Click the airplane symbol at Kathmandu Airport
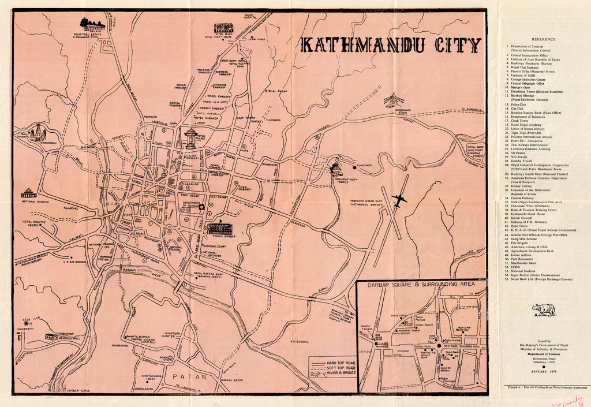coord(399,200)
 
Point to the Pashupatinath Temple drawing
coord(335,168)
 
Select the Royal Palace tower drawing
coord(191,139)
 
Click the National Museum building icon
coord(28,193)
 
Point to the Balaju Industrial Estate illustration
coord(92,25)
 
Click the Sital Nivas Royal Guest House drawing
coord(223,28)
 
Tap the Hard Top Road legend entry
coord(341,361)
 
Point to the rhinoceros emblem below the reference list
coord(544,310)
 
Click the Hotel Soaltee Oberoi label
coord(34,225)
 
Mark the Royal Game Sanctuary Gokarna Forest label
coord(474,151)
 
